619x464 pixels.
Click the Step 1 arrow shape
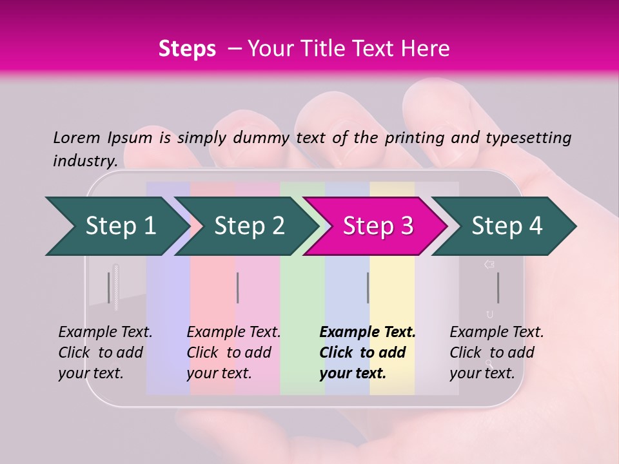[x=116, y=226]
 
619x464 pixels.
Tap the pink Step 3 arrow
[x=377, y=226]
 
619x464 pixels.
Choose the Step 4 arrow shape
[x=506, y=226]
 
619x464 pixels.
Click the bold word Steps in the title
[x=187, y=48]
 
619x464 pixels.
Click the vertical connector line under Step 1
[x=109, y=287]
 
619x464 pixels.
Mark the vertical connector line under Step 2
[x=238, y=287]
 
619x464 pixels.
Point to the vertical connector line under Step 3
[x=368, y=287]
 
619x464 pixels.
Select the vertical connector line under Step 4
[x=498, y=287]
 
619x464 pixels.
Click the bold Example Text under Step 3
[x=368, y=333]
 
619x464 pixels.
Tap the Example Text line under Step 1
[x=105, y=333]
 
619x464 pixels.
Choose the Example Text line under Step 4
[x=496, y=333]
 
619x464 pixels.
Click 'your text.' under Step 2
[x=219, y=373]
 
